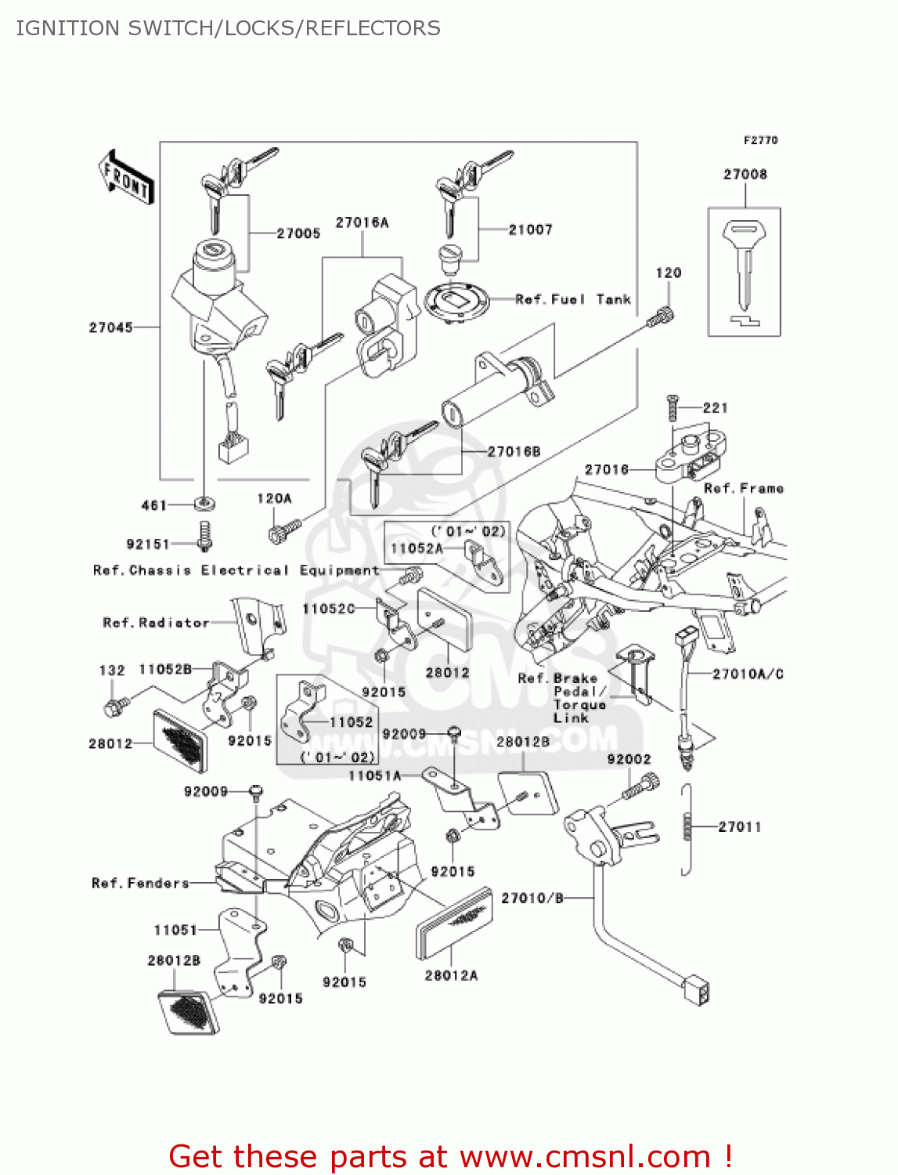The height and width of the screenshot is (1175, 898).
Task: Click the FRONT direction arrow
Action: pyautogui.click(x=126, y=178)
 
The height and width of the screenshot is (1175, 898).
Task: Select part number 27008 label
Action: pyautogui.click(x=745, y=174)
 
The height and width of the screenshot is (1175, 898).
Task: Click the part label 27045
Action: pyautogui.click(x=110, y=327)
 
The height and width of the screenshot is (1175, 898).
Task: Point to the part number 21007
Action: pyautogui.click(x=530, y=230)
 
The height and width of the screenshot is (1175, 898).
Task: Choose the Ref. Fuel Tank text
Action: pyautogui.click(x=572, y=299)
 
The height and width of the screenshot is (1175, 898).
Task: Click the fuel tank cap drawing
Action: pyautogui.click(x=456, y=300)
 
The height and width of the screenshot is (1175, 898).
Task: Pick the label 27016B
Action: pyautogui.click(x=514, y=451)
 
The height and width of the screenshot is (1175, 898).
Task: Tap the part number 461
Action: pyautogui.click(x=153, y=505)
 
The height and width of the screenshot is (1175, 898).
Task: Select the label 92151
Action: pyautogui.click(x=148, y=544)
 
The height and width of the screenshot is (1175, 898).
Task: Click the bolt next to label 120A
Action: pyautogui.click(x=276, y=533)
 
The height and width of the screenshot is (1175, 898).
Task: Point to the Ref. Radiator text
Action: pyautogui.click(x=156, y=623)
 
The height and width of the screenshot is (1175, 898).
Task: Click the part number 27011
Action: pyautogui.click(x=739, y=826)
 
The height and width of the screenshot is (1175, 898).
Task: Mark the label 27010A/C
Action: pyautogui.click(x=748, y=674)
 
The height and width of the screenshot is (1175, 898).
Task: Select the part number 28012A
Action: pyautogui.click(x=451, y=975)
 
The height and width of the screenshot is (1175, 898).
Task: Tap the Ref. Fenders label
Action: pyautogui.click(x=140, y=883)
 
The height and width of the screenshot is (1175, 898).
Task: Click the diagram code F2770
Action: pyautogui.click(x=760, y=140)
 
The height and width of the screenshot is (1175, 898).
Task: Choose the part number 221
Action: pyautogui.click(x=715, y=407)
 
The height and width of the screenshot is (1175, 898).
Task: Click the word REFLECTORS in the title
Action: pyautogui.click(x=373, y=28)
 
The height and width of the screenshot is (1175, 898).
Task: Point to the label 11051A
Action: pyautogui.click(x=374, y=775)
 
